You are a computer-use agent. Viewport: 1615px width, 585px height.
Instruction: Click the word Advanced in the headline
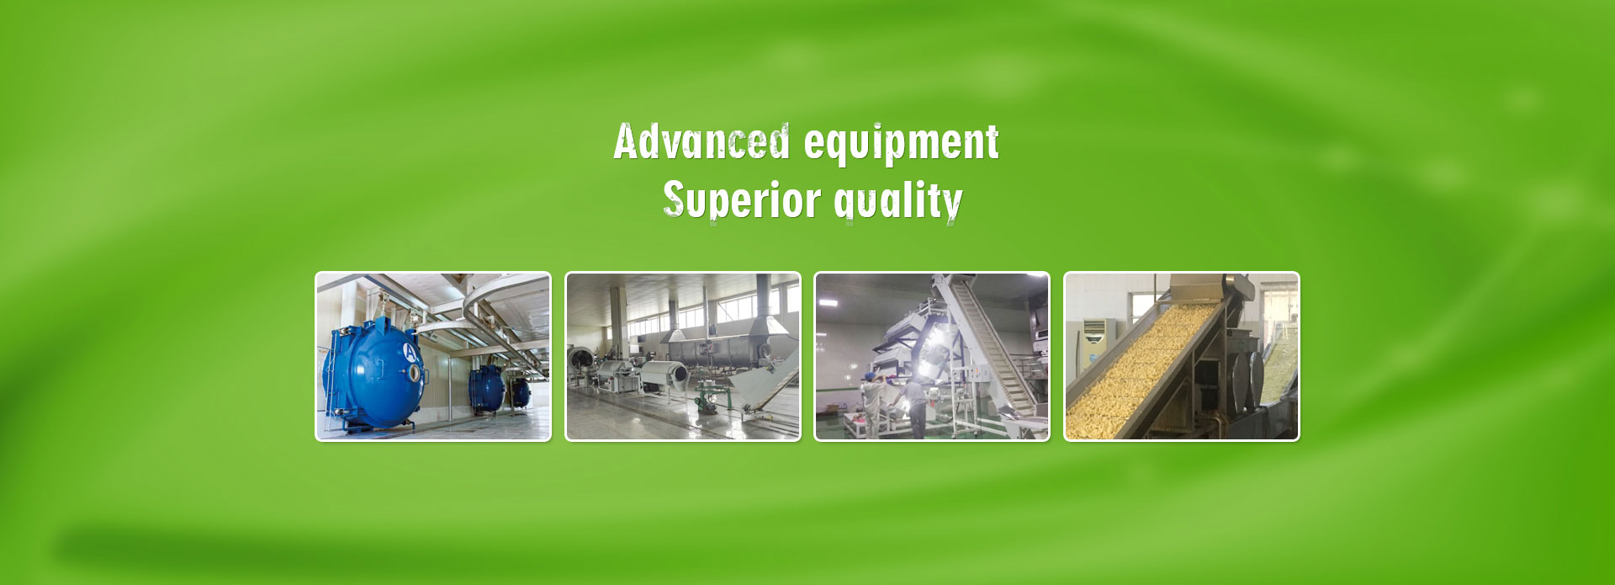pos(702,141)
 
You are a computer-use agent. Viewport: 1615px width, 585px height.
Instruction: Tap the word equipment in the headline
pos(902,144)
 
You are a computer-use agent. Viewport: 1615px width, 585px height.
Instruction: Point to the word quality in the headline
pos(898,202)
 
